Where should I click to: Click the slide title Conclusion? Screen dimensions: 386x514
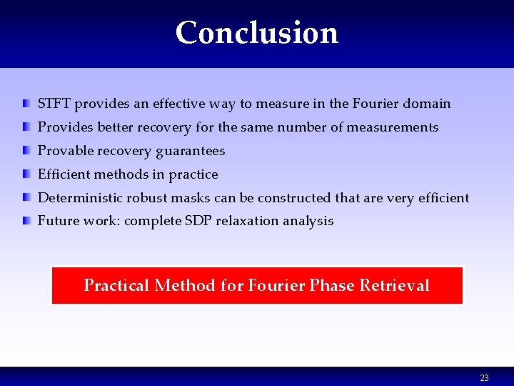point(256,33)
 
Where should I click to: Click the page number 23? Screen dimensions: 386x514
point(484,377)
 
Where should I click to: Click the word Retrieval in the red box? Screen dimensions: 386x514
point(394,286)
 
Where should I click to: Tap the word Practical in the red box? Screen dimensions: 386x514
point(116,286)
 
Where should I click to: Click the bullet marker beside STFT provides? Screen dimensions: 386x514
point(26,104)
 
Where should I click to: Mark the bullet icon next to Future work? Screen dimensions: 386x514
point(26,221)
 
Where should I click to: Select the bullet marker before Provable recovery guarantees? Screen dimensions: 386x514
point(26,151)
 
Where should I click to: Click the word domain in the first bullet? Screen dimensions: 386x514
point(427,104)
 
